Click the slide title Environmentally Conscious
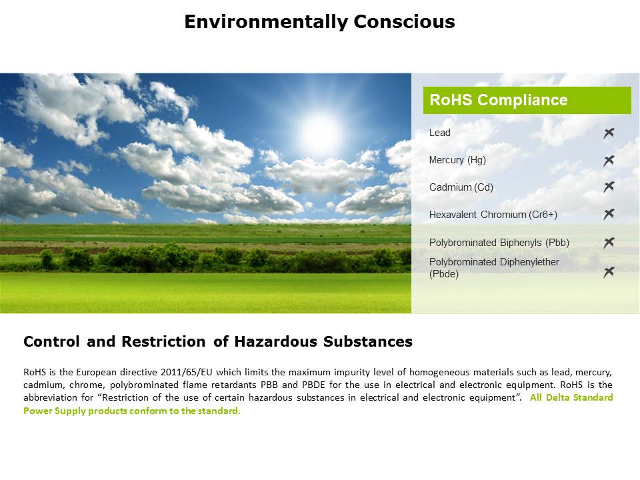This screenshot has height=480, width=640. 319,21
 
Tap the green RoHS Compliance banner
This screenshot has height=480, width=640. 527,100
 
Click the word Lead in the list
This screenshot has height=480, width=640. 439,133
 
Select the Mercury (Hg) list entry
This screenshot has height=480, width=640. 457,160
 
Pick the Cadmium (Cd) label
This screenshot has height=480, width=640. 461,187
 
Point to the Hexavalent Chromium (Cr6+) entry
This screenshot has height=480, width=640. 493,215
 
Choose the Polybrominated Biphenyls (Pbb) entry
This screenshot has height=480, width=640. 499,243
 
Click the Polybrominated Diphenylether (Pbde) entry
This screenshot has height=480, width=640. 494,268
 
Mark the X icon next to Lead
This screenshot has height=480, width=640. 609,133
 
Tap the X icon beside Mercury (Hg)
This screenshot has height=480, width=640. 609,161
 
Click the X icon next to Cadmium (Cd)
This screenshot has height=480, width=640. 609,187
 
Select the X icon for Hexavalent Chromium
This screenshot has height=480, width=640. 609,214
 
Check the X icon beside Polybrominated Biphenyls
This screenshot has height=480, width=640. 609,243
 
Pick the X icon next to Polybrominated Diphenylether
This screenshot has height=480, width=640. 609,272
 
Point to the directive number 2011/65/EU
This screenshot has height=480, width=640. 187,372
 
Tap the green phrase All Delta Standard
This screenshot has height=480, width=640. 571,397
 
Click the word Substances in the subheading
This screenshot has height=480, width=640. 368,341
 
